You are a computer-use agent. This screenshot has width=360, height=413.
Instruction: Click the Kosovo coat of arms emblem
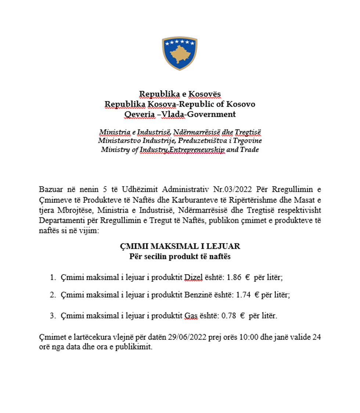pos(180,53)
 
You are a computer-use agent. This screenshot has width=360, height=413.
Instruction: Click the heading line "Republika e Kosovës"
pos(180,95)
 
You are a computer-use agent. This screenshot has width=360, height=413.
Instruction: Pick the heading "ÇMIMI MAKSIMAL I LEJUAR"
pos(180,246)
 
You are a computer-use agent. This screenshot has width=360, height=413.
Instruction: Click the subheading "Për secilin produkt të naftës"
pos(180,256)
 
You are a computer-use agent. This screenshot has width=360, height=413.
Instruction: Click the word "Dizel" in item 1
pos(193,278)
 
